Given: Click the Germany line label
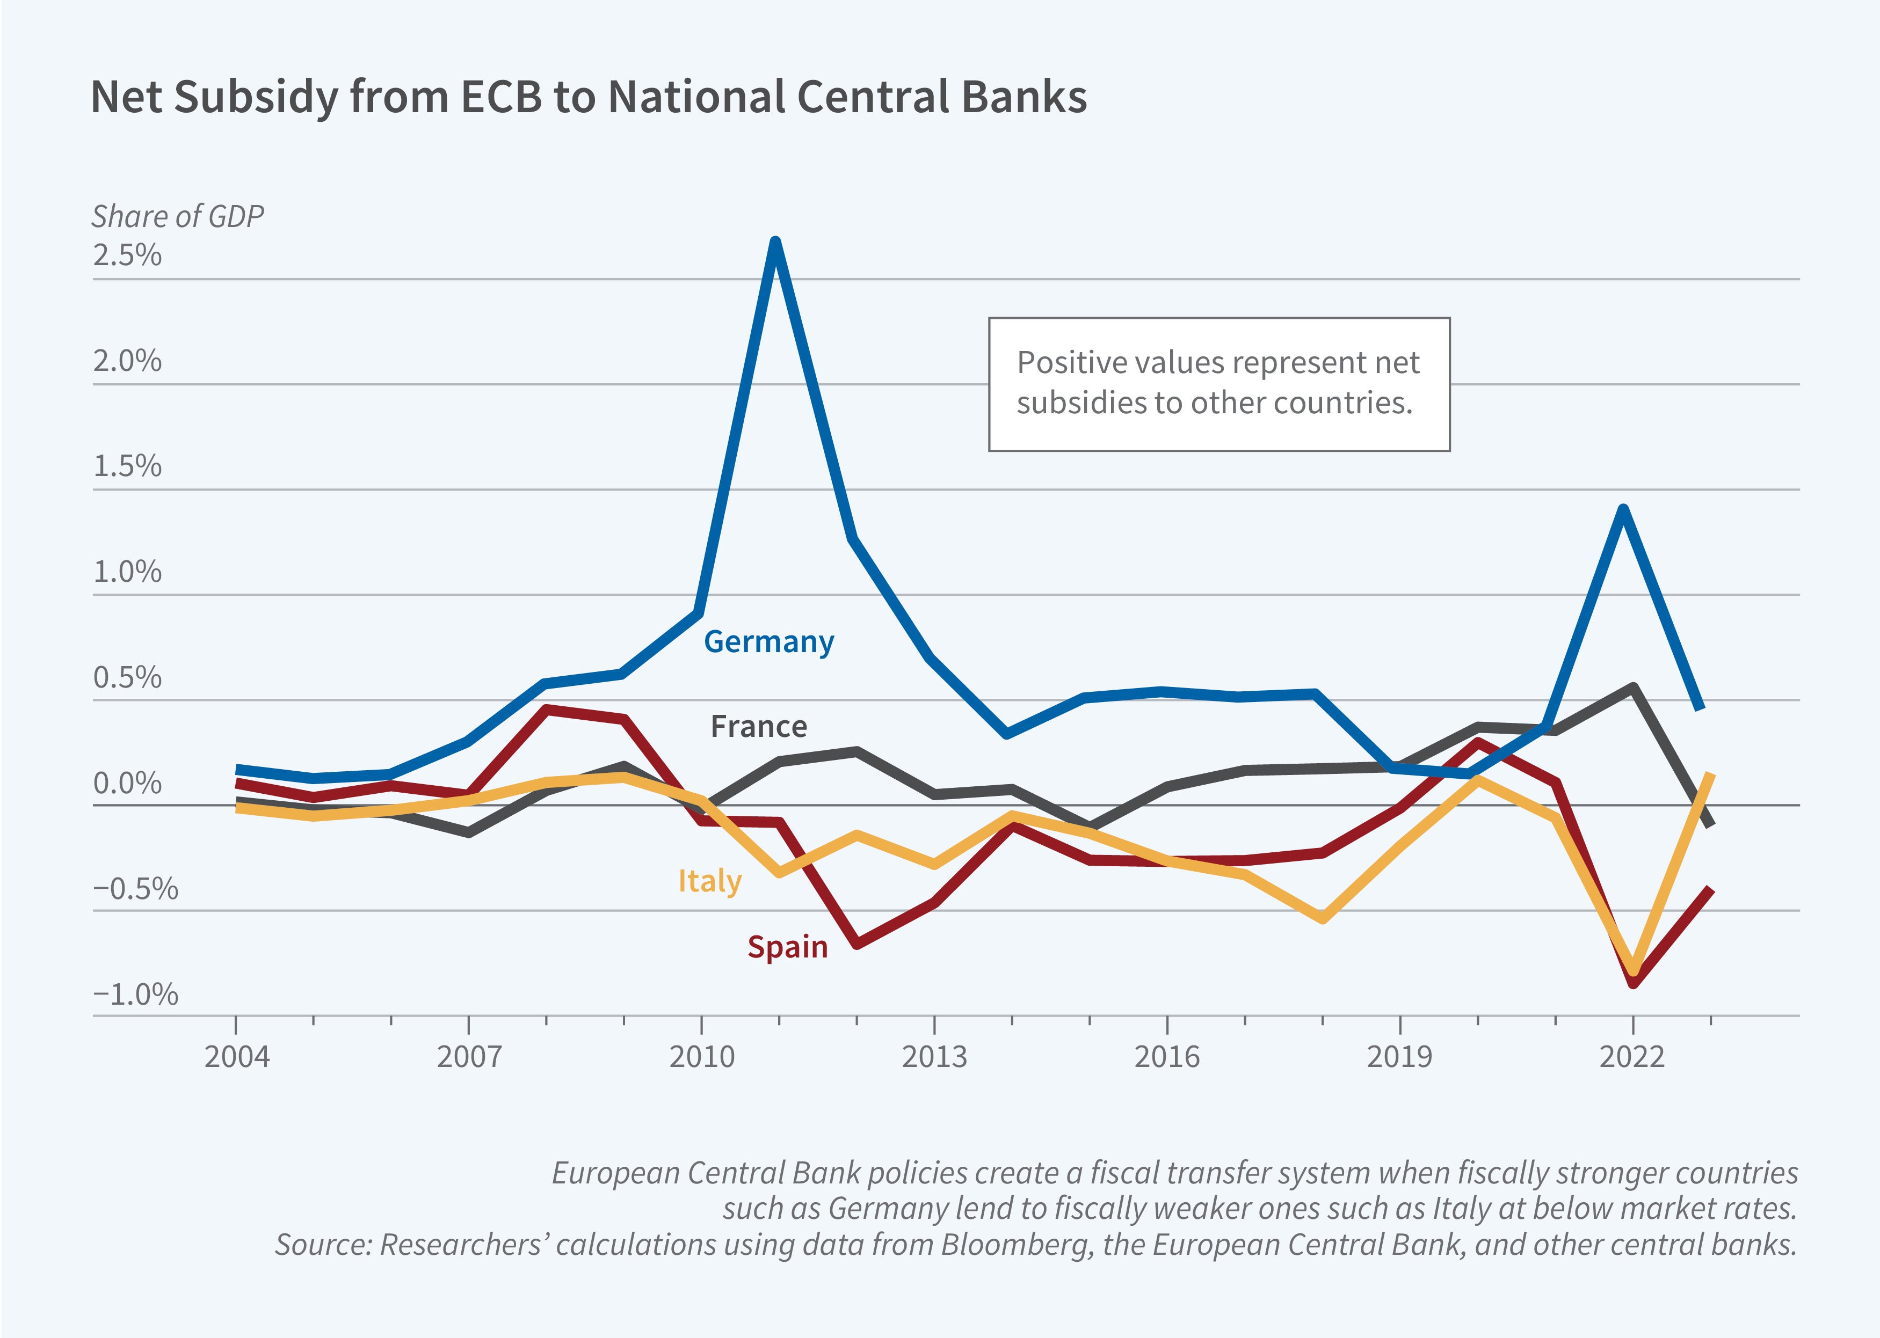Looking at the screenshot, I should pyautogui.click(x=768, y=642).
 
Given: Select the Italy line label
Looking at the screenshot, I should pyautogui.click(x=710, y=881).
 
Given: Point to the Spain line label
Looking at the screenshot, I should pyautogui.click(x=787, y=947).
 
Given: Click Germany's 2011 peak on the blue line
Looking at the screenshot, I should pyautogui.click(x=775, y=242).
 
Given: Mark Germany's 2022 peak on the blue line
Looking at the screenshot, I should pyautogui.click(x=1623, y=509).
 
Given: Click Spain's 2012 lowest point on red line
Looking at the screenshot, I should pyautogui.click(x=857, y=944).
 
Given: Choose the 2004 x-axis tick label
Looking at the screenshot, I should pyautogui.click(x=237, y=1056).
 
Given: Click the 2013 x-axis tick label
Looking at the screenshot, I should pyautogui.click(x=934, y=1056).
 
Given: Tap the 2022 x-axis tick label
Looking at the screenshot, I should pyautogui.click(x=1632, y=1056).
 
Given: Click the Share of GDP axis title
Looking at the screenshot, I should pyautogui.click(x=177, y=216).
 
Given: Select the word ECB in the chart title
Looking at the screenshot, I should pyautogui.click(x=501, y=97).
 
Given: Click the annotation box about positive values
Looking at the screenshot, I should pyautogui.click(x=1218, y=384).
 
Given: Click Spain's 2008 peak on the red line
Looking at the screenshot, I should pyautogui.click(x=547, y=708).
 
